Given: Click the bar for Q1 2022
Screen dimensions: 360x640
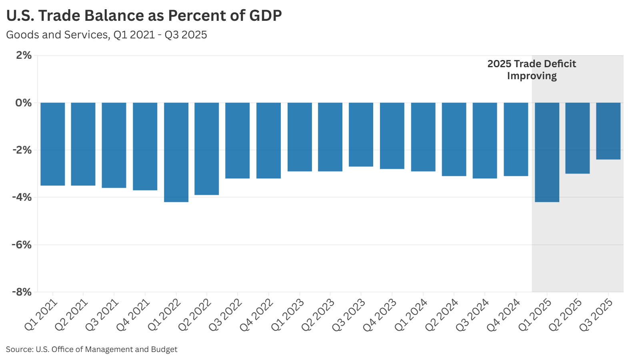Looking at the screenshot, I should (176, 152).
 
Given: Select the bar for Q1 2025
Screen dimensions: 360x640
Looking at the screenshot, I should (547, 152).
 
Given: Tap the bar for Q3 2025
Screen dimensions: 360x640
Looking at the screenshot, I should (608, 131).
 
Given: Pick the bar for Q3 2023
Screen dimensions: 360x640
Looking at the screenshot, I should (361, 134).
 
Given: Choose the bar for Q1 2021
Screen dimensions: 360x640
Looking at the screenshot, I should (52, 144).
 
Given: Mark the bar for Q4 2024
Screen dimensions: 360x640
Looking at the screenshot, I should (516, 139).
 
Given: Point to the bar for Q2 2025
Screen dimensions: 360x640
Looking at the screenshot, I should (577, 138).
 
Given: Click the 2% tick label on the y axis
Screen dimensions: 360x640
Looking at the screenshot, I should (24, 55).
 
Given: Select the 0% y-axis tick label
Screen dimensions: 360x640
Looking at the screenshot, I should (24, 103).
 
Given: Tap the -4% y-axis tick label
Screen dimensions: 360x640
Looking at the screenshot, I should (22, 197).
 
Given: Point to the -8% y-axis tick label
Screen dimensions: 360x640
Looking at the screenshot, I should (22, 292).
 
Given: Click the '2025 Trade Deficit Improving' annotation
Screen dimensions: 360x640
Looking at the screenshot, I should (532, 70).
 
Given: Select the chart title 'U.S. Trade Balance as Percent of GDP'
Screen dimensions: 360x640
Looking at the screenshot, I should (144, 16).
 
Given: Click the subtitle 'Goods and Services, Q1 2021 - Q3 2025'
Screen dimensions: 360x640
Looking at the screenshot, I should (106, 35).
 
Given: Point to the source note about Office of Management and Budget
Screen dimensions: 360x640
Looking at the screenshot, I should (92, 349).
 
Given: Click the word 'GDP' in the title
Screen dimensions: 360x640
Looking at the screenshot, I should (265, 16).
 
